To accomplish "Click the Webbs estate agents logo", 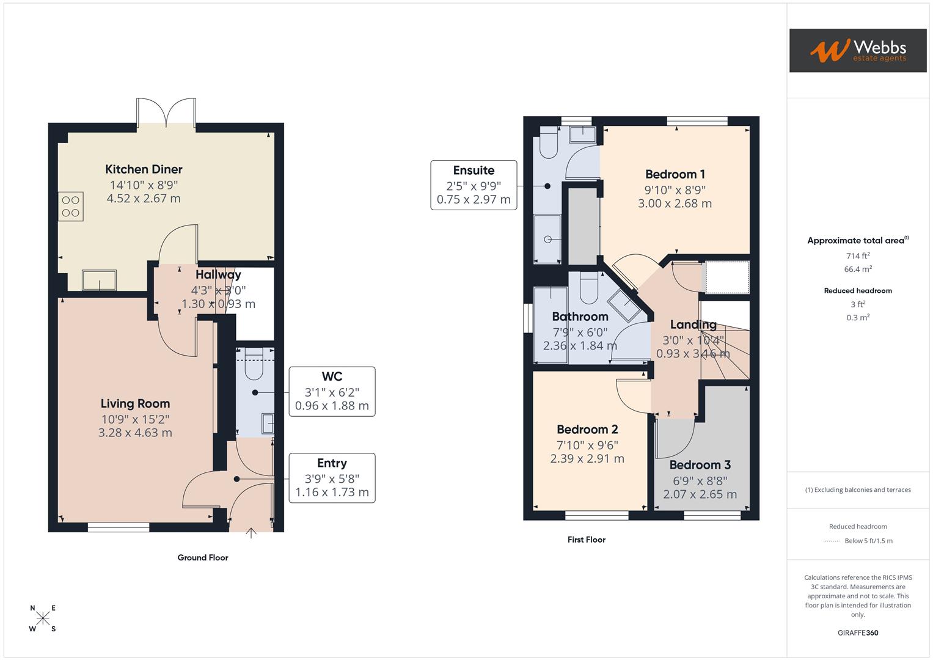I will click(857, 51).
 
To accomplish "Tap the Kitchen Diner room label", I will click(144, 169).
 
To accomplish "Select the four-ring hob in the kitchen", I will click(71, 206).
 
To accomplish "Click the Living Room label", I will click(135, 403).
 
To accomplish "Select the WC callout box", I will click(332, 391).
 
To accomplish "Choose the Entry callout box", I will click(332, 478).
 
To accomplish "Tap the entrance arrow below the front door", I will click(251, 533).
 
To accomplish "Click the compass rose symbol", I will click(43, 618).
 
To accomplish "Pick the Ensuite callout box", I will click(474, 185).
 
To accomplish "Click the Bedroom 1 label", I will click(675, 174).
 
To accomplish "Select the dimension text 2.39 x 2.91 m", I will click(587, 459).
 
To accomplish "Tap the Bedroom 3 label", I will click(700, 465).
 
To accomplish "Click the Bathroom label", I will click(580, 317).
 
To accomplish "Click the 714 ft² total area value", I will click(858, 256).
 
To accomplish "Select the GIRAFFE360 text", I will click(858, 633).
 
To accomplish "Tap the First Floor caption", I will click(586, 540).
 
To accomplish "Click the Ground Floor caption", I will click(203, 557).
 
